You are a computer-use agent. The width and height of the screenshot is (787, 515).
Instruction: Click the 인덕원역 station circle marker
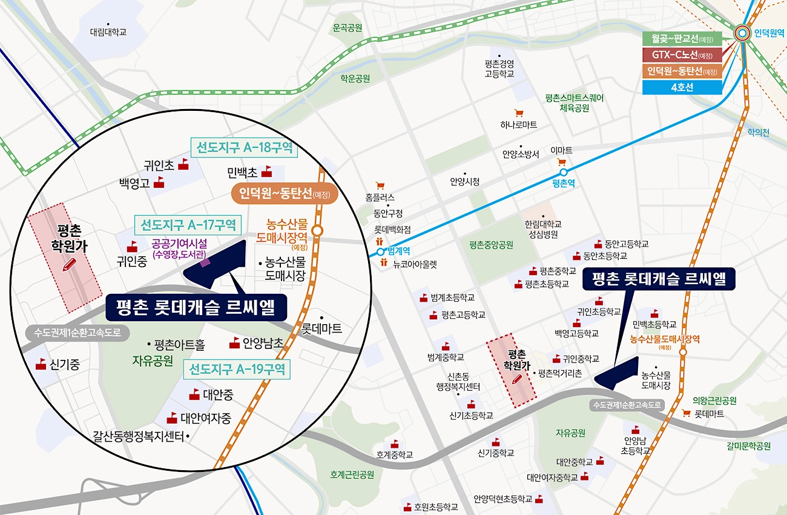click(x=743, y=34)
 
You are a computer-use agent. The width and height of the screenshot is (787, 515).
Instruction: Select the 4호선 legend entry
click(x=682, y=87)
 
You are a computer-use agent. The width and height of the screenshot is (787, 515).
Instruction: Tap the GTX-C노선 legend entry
click(x=682, y=55)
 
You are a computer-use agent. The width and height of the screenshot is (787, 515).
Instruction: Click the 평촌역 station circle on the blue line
click(x=564, y=172)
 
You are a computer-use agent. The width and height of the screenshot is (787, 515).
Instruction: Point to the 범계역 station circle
click(x=380, y=251)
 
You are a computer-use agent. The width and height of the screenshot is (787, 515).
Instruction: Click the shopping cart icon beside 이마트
click(x=561, y=162)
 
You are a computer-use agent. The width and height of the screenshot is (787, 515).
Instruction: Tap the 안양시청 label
click(x=464, y=181)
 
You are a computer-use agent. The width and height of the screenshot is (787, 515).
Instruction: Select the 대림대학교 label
click(x=108, y=32)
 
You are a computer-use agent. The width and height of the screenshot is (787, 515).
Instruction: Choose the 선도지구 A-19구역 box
click(x=238, y=369)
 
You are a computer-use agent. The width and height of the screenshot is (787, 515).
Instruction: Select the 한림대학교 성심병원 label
click(x=542, y=229)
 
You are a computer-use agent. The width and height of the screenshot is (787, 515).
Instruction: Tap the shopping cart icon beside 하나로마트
click(x=518, y=113)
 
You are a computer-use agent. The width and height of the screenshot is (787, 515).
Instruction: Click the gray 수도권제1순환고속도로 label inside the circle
click(x=77, y=333)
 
